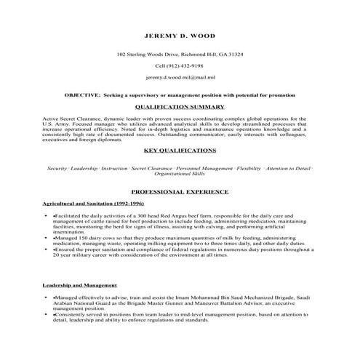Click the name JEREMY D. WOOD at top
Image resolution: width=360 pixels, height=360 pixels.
[180, 35]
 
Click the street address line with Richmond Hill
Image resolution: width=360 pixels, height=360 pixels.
[180, 55]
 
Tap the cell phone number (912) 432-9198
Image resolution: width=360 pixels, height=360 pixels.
[180, 65]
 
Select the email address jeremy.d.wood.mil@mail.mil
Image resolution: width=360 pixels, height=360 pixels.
[180, 76]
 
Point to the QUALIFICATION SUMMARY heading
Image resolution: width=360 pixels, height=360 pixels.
[180, 105]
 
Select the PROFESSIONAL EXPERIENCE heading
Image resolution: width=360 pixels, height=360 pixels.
[180, 192]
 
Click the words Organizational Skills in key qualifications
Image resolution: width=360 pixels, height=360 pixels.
[180, 175]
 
